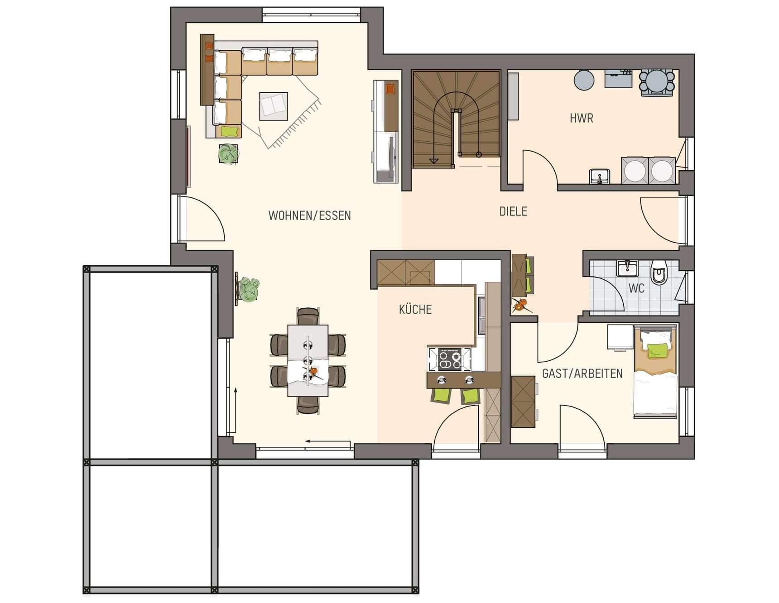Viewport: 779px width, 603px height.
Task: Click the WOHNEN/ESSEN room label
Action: coord(309,215)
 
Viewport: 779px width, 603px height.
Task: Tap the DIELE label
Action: coord(513,211)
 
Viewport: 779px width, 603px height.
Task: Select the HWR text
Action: coord(581,119)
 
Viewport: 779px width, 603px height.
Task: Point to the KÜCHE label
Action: coord(415,310)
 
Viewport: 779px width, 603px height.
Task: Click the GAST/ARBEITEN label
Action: coord(582,373)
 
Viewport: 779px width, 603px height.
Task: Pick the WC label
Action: coord(636,288)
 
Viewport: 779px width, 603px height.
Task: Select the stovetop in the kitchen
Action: coord(449,359)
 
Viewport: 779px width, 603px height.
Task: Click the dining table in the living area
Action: coord(308,360)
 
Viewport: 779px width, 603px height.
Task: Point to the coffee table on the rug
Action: coord(273,106)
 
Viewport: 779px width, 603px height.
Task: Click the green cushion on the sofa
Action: coord(229,131)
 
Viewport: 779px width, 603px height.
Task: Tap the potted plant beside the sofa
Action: coord(229,153)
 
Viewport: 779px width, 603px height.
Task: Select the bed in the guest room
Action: coord(655,372)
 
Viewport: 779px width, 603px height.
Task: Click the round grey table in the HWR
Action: coord(584,80)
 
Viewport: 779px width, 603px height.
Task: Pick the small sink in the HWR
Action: coord(600,176)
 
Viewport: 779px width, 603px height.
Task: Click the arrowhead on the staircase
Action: coord(434,160)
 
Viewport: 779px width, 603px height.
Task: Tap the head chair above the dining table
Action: coord(308,316)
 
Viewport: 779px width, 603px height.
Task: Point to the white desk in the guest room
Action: coord(620,337)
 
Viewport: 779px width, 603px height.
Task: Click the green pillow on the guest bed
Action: coord(657,350)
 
